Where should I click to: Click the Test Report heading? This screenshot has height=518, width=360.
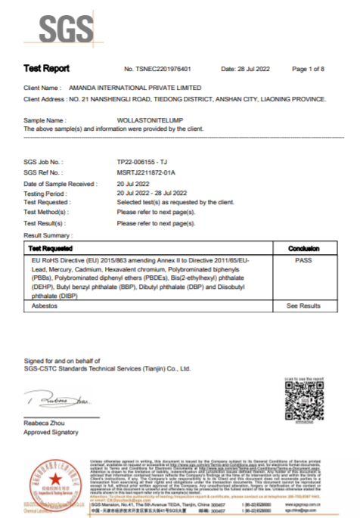pos(46,69)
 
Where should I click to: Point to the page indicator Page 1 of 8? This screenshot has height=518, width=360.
pos(308,69)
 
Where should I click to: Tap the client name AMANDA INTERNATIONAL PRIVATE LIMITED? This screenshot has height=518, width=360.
pos(125,88)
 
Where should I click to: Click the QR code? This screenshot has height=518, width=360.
pos(303,402)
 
